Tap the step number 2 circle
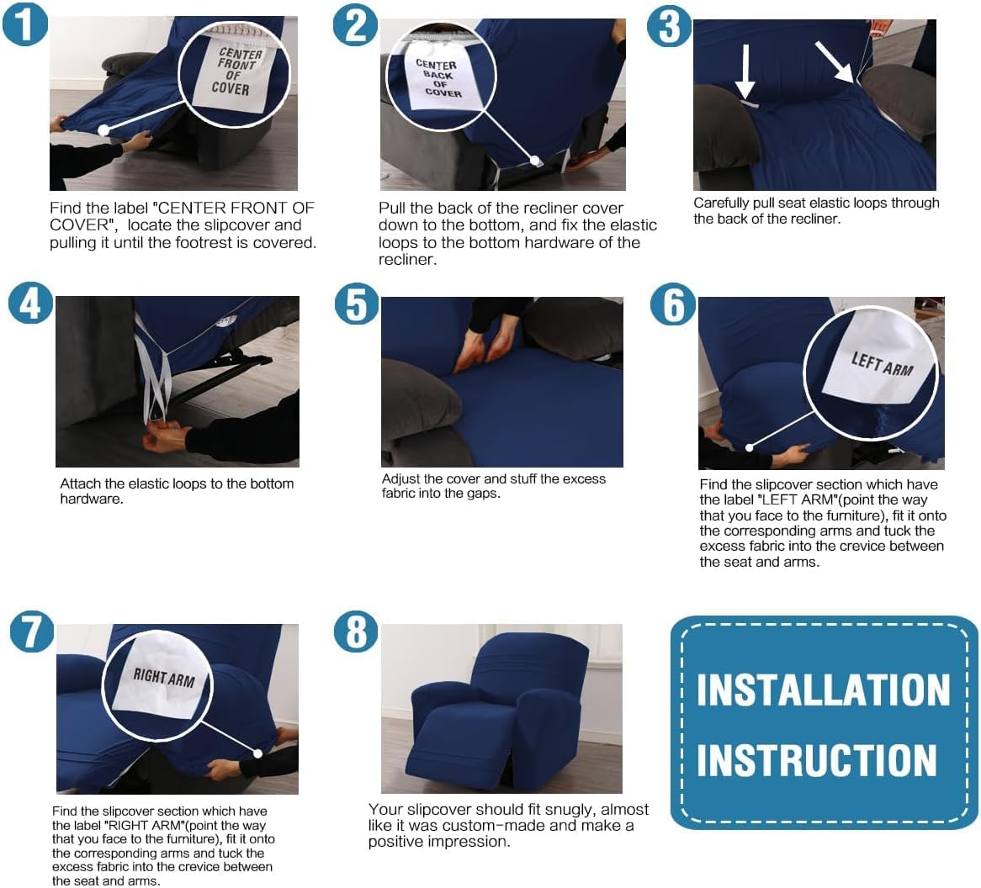[355, 24]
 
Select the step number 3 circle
[669, 25]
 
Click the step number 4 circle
[30, 304]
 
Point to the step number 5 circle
[356, 304]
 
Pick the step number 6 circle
[673, 304]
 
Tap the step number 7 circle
[32, 631]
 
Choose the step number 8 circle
[356, 631]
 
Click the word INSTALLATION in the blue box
[823, 690]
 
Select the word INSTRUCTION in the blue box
[816, 760]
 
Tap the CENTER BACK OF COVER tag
[438, 77]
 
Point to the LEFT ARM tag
[879, 363]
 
